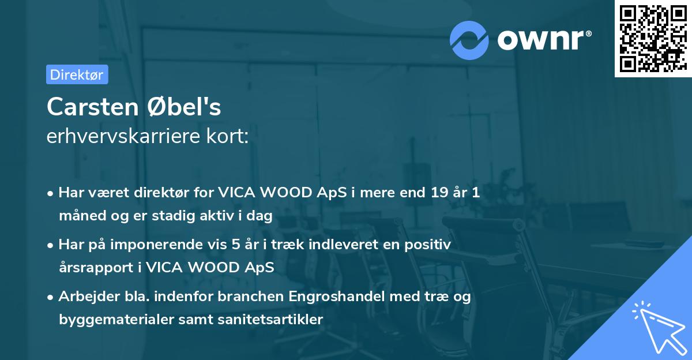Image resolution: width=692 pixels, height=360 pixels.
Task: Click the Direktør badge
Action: pyautogui.click(x=77, y=74)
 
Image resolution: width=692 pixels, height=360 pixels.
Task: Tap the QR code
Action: pyautogui.click(x=653, y=38)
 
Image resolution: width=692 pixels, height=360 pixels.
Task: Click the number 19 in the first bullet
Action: pyautogui.click(x=434, y=193)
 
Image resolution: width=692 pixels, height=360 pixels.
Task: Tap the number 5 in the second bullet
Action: pyautogui.click(x=236, y=245)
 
